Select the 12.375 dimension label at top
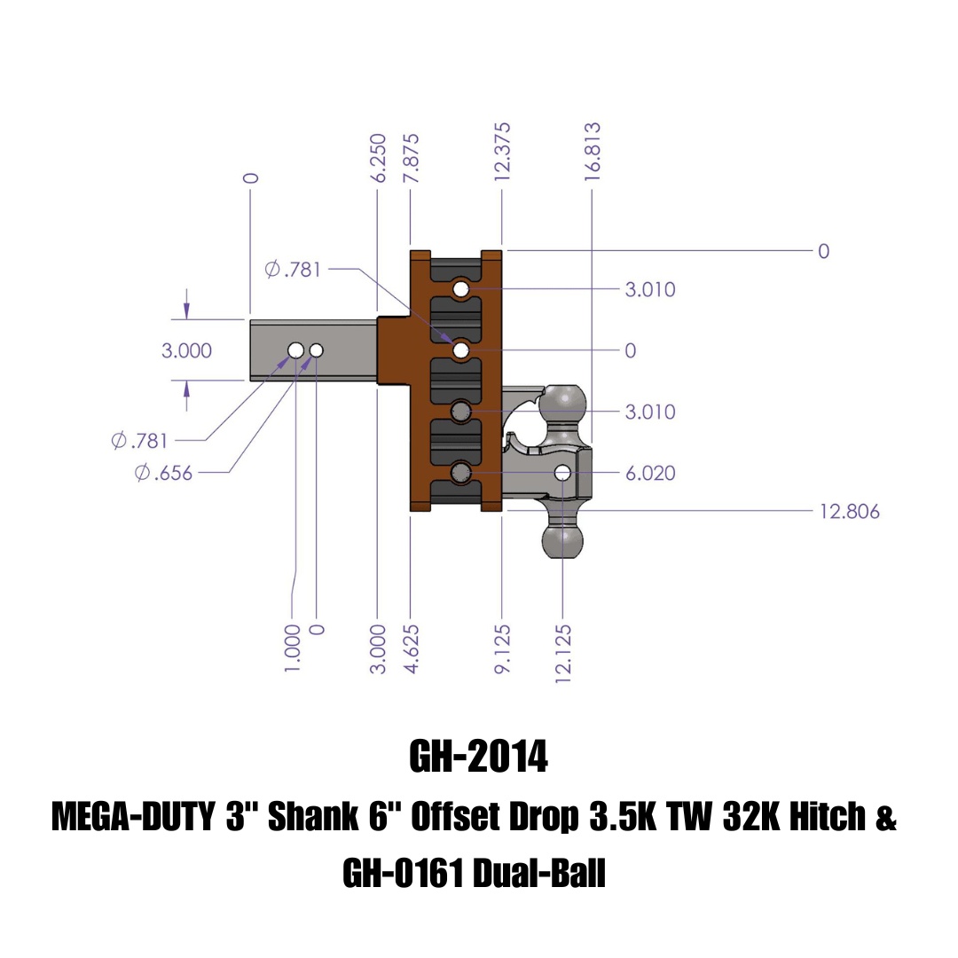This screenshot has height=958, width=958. (x=503, y=152)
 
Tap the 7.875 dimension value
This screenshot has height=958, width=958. (x=411, y=159)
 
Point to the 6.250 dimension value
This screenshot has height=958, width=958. (x=379, y=159)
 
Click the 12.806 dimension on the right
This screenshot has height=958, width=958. (x=849, y=512)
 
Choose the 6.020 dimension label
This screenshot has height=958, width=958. (x=650, y=474)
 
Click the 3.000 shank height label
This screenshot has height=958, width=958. (x=186, y=351)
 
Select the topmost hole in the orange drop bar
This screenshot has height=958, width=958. (x=460, y=289)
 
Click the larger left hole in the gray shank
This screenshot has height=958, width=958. (x=295, y=351)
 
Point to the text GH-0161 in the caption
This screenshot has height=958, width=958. (x=403, y=876)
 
